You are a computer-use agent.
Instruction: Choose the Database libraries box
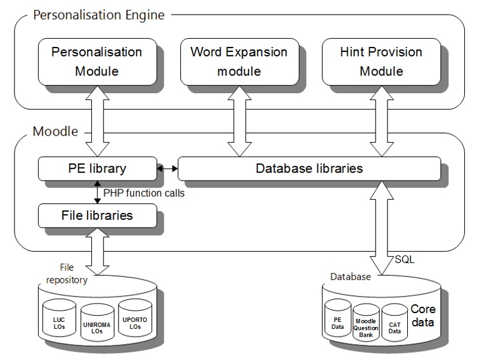308,168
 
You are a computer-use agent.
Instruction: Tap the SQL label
405,259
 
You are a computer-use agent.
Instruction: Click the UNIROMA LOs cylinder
96,324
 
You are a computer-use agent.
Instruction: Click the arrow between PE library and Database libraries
167,169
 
